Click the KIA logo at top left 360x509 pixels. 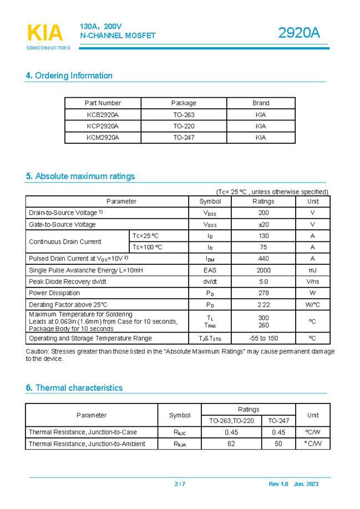[45, 33]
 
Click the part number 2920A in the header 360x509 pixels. [299, 33]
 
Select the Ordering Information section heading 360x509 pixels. [69, 75]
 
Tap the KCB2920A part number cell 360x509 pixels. [103, 115]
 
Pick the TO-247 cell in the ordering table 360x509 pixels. [184, 137]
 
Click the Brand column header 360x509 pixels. [261, 103]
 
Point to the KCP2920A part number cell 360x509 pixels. [103, 126]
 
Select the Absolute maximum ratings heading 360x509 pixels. [80, 177]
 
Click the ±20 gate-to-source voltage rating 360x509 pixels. [263, 224]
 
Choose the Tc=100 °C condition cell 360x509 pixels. [148, 247]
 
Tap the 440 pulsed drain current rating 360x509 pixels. [263, 259]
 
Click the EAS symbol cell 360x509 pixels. [210, 270]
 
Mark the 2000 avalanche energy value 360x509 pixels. [263, 270]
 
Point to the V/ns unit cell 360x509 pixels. [312, 281]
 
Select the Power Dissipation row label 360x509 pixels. [54, 293]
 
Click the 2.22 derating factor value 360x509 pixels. [263, 305]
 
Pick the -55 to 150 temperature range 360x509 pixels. [263, 338]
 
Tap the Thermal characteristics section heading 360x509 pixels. [74, 388]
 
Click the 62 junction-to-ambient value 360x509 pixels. [231, 444]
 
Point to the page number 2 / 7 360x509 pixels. [180, 484]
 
